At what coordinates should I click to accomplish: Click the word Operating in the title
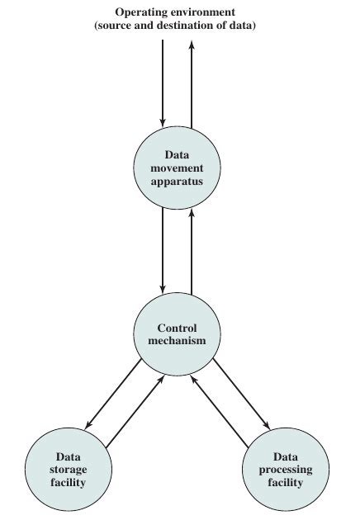(142, 12)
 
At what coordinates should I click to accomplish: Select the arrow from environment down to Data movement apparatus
(163, 83)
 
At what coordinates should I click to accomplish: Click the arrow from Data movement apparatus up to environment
(192, 83)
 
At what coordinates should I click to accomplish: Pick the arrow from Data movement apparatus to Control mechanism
(163, 248)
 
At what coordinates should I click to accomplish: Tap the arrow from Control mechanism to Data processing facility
(241, 394)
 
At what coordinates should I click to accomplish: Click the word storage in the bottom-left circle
(68, 469)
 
